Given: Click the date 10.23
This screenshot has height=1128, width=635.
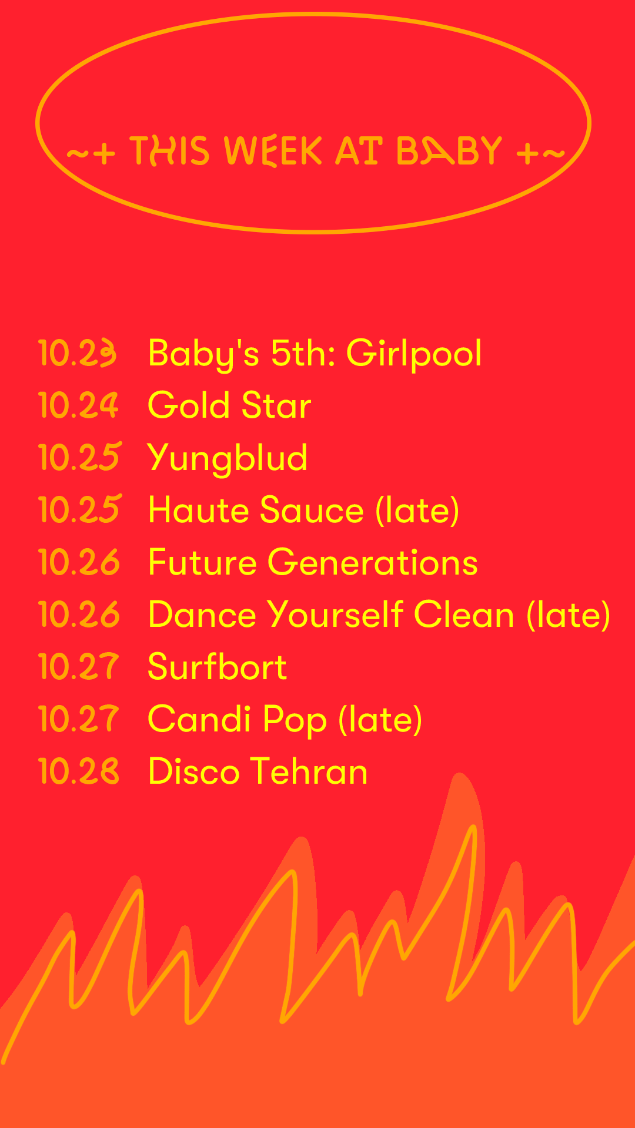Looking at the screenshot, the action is pos(77,353).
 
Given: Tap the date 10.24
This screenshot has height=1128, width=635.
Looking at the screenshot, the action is pos(78,405).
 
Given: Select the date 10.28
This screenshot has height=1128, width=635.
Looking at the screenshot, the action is pos(78,771).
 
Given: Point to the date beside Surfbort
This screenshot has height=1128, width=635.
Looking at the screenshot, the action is pos(78,666).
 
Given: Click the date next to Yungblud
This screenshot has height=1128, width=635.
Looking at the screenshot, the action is pos(79,457).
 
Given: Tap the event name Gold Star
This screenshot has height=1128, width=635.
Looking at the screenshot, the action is pos(230,405).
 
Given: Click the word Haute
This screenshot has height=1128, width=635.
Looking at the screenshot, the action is pos(198,509).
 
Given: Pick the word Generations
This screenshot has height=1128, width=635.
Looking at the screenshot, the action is pos(373,562).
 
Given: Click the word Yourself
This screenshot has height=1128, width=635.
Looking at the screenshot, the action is pos(336,614).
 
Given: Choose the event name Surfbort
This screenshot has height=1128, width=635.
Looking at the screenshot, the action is pos(218,666).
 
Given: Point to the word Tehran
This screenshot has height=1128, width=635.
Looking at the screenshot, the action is pos(309,771).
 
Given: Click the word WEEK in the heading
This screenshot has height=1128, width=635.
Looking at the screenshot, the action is pos(273,151).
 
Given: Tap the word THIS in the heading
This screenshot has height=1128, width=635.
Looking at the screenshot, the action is pos(169,151).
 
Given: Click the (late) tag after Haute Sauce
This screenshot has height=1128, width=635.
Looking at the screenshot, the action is pos(417,510).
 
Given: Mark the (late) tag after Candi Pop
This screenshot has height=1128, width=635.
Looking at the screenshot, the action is pos(380,719).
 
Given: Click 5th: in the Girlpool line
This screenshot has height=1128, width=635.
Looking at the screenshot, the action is pos(303,353).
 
